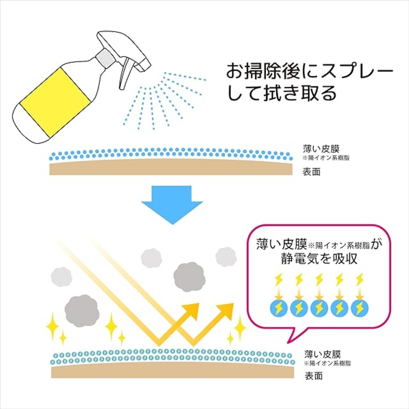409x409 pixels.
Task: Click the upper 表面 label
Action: [x=311, y=172]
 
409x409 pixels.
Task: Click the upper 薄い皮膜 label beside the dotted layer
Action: [x=321, y=149]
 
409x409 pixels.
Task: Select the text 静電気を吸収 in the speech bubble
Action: [x=320, y=259]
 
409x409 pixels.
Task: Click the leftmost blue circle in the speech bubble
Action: [x=278, y=308]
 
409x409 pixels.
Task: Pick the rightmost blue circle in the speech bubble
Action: [x=360, y=308]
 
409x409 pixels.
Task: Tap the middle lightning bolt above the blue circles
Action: [x=319, y=280]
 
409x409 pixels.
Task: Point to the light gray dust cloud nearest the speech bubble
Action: [x=226, y=257]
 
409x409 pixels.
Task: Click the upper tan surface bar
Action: [x=171, y=168]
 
